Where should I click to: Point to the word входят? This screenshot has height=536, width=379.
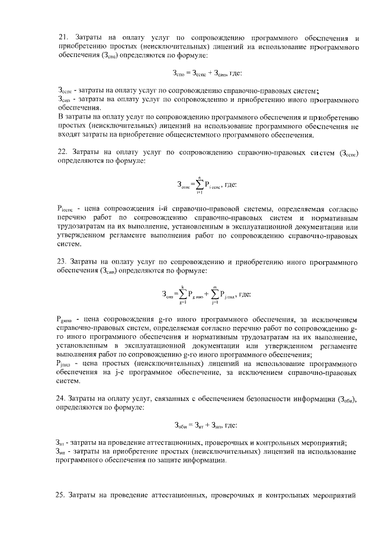(70, 135)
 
